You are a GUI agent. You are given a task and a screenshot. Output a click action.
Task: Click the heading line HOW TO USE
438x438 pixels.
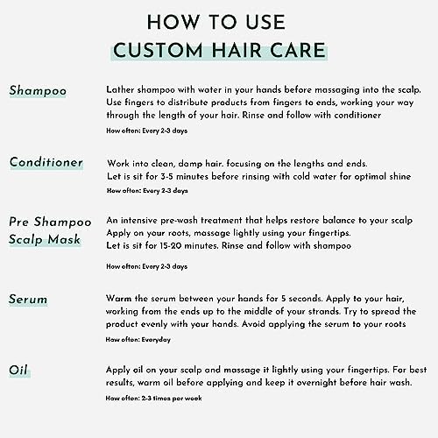[219, 23]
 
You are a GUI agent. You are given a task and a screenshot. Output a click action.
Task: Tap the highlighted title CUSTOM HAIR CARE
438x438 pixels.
[219, 51]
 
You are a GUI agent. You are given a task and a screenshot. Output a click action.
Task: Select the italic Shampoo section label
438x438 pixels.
[38, 91]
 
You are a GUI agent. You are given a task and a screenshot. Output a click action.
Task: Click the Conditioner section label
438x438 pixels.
[46, 163]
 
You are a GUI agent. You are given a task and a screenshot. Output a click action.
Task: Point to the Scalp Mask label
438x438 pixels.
[46, 240]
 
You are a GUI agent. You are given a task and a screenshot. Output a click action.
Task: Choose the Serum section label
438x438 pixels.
[28, 300]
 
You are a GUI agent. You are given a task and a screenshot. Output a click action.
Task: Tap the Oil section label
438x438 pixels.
[18, 371]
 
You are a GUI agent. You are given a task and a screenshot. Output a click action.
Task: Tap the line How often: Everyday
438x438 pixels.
[138, 339]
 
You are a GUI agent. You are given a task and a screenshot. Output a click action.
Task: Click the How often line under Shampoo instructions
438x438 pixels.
[146, 131]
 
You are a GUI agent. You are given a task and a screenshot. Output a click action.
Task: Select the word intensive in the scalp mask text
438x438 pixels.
[146, 219]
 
